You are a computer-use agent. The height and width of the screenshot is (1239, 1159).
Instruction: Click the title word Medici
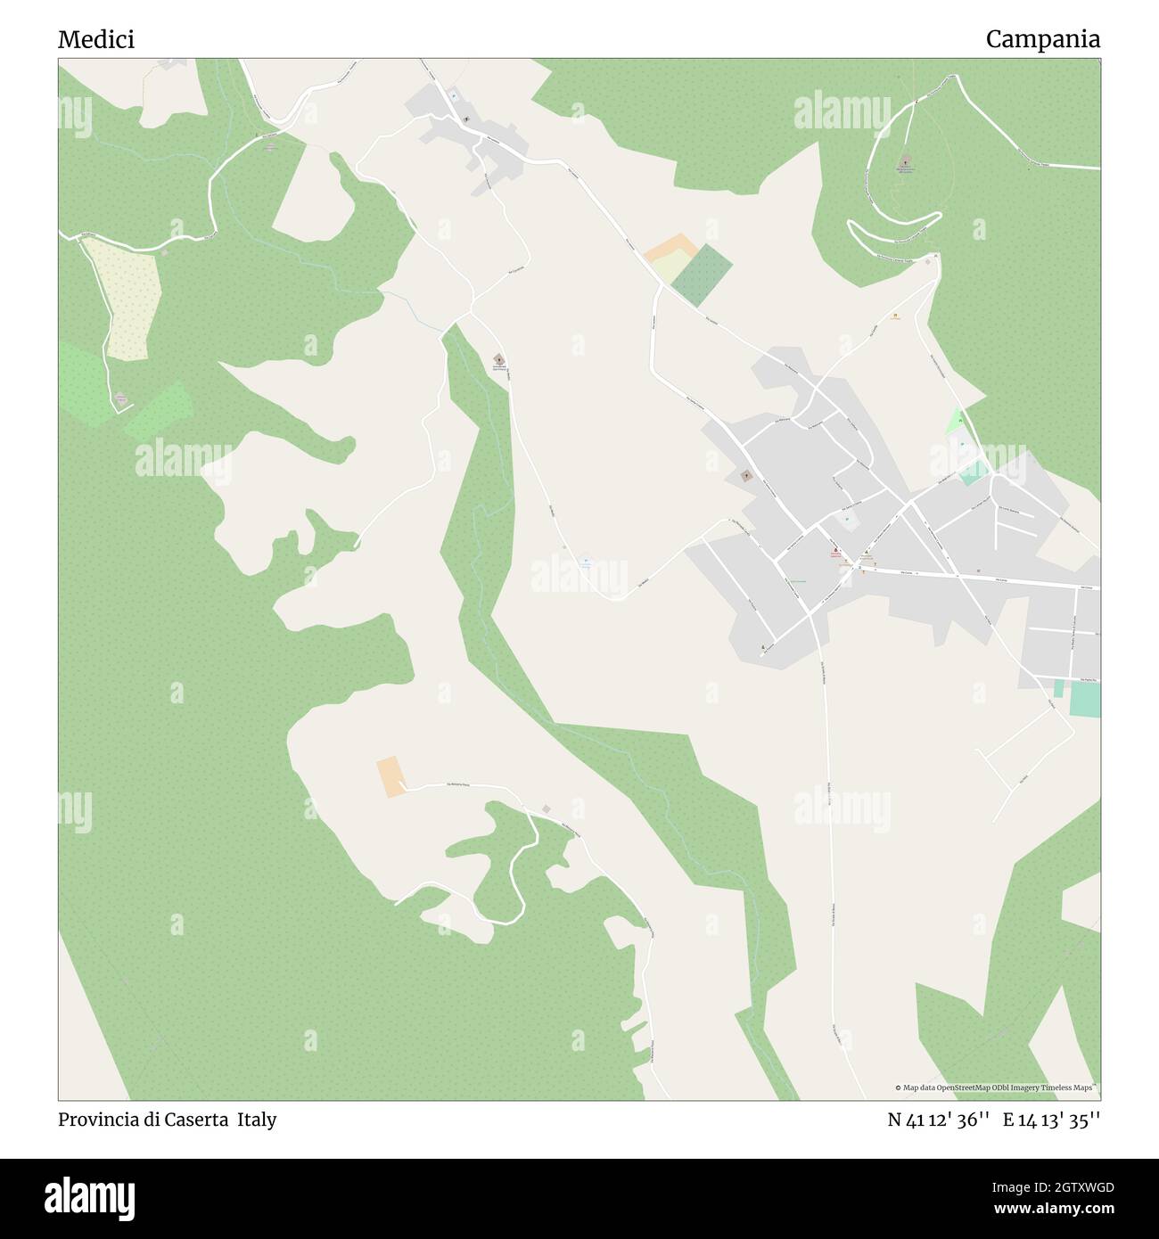pos(96,39)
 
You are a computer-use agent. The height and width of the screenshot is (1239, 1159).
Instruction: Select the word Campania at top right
pos(1042,39)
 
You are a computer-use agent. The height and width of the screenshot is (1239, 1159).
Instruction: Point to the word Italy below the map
pos(257,1120)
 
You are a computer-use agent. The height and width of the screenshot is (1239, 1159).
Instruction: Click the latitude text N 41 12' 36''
pos(939,1120)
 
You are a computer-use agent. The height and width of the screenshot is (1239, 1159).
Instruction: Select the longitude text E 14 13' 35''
pos(1051,1120)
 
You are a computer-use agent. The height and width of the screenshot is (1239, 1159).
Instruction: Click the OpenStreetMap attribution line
pos(997,1087)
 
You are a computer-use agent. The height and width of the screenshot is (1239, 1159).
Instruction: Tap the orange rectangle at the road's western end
pos(389,776)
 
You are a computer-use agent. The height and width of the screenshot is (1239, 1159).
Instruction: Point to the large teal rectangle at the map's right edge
pos(1085,699)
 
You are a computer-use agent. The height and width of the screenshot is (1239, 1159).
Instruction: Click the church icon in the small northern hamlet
pos(466,119)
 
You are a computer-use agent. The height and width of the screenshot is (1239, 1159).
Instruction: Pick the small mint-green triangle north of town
pos(956,419)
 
